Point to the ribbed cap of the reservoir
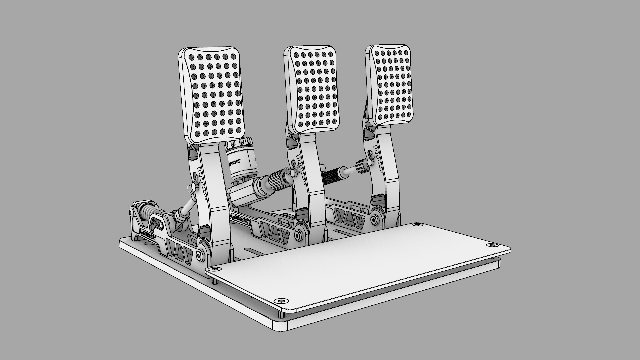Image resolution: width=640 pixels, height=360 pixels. click(239, 145)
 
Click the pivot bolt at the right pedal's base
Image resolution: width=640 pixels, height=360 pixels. click(376, 219)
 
